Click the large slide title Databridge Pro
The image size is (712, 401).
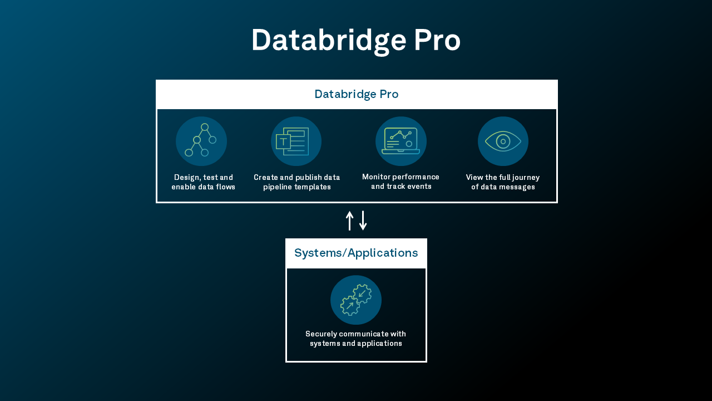tap(356, 41)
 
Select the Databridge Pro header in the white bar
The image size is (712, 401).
tap(356, 94)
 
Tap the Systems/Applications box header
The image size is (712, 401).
tap(356, 253)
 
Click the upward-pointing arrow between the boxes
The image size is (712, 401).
tap(349, 221)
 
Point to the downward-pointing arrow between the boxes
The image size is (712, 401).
tap(363, 221)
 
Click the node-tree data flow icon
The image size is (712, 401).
tap(201, 141)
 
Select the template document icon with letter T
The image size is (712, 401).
tap(296, 141)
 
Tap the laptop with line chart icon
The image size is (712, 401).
tap(400, 141)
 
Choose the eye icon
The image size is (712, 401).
tap(503, 141)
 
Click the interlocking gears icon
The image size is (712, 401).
tap(356, 300)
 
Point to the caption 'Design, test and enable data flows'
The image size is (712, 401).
tap(203, 182)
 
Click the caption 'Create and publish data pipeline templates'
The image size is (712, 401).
tap(297, 182)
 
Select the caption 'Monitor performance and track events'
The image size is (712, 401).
tap(400, 182)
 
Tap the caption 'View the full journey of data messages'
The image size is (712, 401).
tap(503, 182)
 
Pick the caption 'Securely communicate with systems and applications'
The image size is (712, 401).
tap(356, 339)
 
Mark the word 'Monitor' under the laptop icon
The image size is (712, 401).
tap(377, 177)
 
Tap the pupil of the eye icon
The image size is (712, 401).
tap(503, 141)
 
